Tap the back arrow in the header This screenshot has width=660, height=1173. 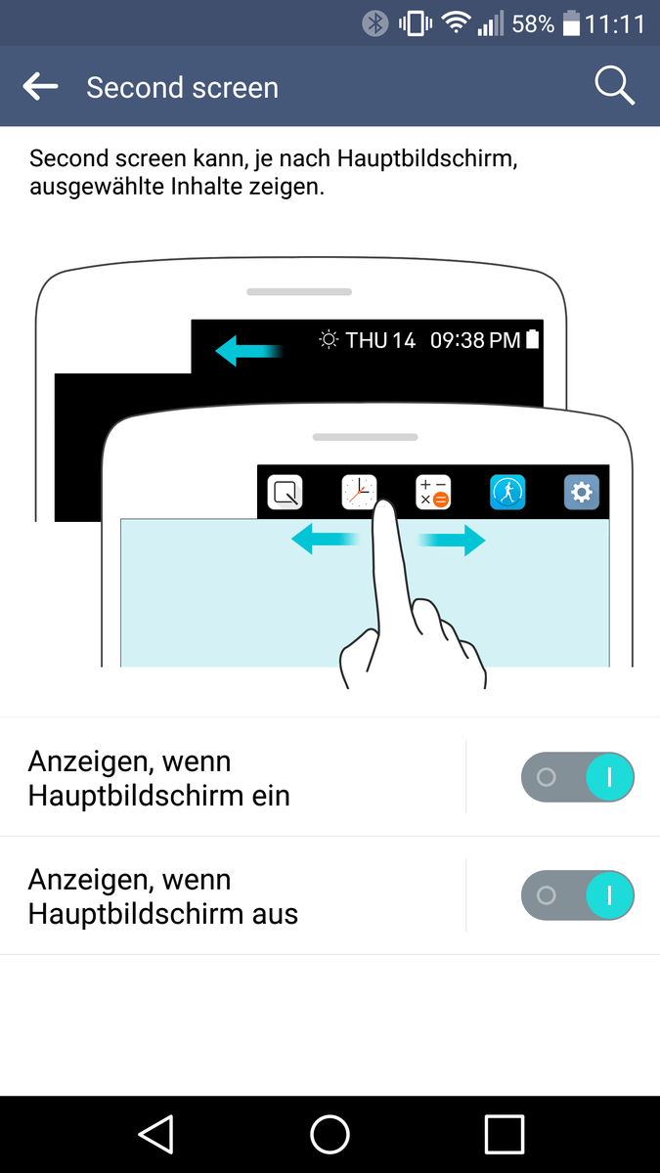point(40,86)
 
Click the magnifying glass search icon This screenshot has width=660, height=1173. point(615,86)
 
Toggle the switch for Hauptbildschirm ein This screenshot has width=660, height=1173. point(578,777)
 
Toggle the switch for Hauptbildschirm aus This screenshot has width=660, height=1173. point(578,895)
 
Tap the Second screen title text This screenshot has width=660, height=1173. point(182,87)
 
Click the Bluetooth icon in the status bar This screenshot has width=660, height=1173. point(375,23)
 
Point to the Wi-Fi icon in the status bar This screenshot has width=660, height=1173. point(456,23)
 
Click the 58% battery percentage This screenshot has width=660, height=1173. point(533,24)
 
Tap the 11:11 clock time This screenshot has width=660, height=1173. point(615,24)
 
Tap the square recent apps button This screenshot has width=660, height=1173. point(505,1134)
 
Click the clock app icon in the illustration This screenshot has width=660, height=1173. point(359,492)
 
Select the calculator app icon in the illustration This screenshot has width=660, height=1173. point(433,492)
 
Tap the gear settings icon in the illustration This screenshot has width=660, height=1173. point(582,492)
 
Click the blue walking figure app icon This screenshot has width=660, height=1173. point(507,492)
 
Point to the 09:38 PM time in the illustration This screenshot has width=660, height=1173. point(475,340)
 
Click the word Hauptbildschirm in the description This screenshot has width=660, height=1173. point(427,158)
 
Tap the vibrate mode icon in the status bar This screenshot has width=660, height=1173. point(416,23)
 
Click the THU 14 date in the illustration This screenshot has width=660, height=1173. point(380,340)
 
